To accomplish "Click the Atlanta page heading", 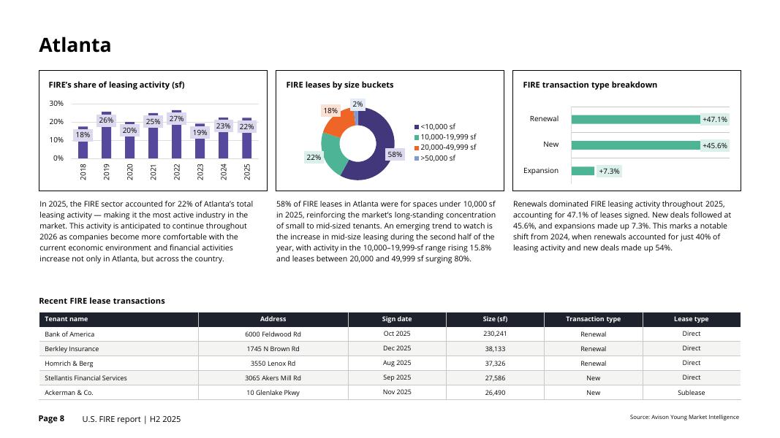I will point(75,45).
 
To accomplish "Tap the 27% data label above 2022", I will point(176,119).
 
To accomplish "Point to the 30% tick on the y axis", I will point(56,104).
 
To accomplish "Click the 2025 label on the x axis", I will point(247,171).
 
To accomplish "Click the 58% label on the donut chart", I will point(395,155).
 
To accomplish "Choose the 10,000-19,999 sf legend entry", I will point(447,137).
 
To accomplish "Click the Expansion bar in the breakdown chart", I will point(583,171).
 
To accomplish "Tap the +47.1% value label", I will point(714,120).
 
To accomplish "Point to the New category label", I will point(550,145).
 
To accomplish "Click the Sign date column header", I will point(397,319).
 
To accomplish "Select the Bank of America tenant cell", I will point(69,334).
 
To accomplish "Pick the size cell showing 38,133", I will point(495,349).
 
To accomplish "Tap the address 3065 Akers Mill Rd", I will point(273,378).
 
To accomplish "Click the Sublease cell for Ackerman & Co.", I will point(691,393).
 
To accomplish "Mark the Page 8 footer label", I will point(51,418).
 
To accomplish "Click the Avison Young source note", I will point(684,418).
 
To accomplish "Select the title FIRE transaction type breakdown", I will point(589,85).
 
